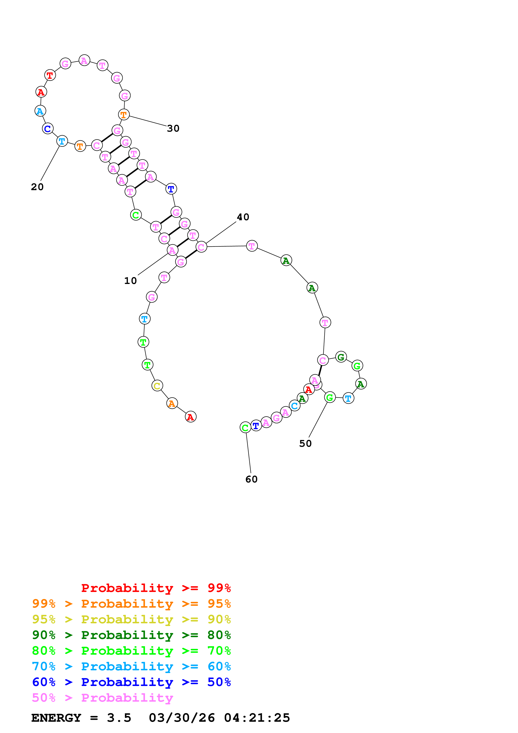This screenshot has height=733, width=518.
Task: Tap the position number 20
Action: pos(37,187)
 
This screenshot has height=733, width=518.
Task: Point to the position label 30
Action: pos(173,128)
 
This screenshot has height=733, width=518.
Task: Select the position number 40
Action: pos(243,217)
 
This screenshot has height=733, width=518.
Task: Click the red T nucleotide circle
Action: pos(50,75)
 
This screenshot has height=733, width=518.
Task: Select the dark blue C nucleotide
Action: pos(48,129)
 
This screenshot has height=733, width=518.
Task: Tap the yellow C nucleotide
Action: pos(157,386)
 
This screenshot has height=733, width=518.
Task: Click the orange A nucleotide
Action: pos(172,403)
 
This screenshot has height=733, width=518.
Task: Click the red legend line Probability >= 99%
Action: pos(156,588)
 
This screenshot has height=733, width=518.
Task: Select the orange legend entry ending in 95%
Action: pos(131,604)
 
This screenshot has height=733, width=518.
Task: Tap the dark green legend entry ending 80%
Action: pos(131,635)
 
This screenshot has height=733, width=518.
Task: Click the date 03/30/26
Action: pos(182,718)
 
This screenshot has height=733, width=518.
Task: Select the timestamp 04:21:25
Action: pos(257,718)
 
